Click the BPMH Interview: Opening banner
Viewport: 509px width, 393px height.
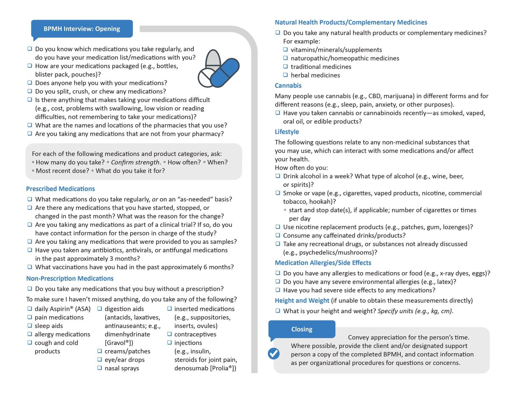(82, 29)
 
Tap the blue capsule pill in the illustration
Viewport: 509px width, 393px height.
(224, 72)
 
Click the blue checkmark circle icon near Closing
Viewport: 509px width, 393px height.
(274, 353)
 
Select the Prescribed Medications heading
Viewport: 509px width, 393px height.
(60, 189)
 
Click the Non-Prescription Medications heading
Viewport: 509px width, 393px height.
(70, 279)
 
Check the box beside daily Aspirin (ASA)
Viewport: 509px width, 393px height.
(30, 309)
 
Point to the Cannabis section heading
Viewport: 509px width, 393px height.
(288, 86)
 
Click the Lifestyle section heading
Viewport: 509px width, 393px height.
(287, 132)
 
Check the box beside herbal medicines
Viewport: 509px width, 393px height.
(286, 75)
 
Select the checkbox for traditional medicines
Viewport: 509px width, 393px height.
(286, 67)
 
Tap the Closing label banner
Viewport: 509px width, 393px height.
(302, 329)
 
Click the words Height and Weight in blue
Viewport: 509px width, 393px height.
(302, 301)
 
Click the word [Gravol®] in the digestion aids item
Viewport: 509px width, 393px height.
(119, 343)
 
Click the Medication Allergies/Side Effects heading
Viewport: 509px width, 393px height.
(323, 263)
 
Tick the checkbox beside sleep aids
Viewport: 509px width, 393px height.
(30, 326)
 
